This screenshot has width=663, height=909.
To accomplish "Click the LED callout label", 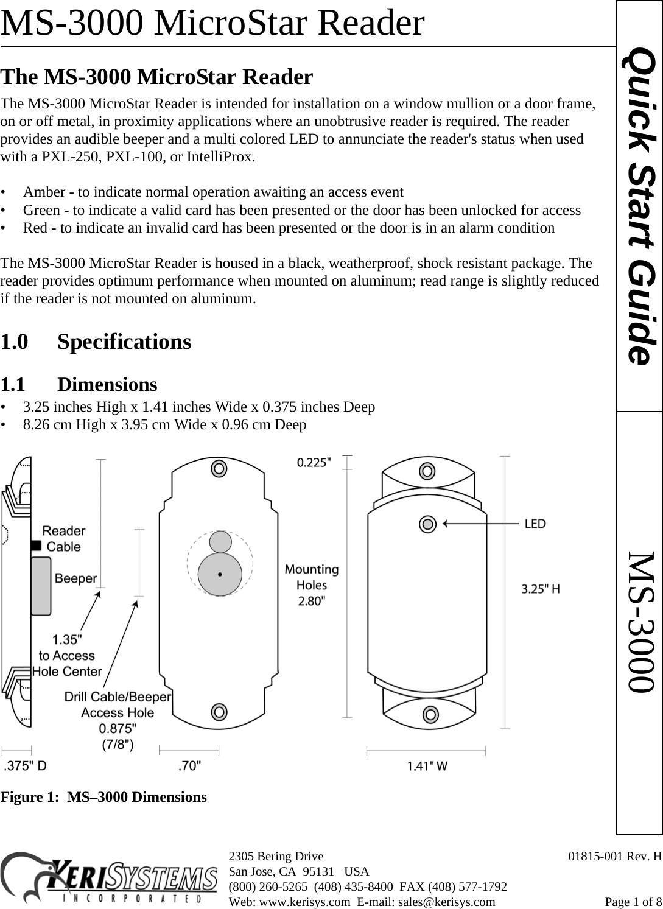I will click(535, 524).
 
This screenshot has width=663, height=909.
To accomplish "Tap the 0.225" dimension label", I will click(314, 462).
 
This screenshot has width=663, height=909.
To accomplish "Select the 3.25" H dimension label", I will click(541, 589).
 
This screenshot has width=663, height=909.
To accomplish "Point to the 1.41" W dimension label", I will click(427, 766).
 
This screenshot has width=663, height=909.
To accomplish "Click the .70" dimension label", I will click(189, 766).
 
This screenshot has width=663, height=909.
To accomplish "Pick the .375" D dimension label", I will click(25, 766).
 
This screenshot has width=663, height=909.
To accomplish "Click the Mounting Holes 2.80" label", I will click(312, 585).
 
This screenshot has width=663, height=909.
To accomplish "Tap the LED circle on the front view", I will click(429, 524).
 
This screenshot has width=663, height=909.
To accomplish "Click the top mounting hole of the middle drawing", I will click(219, 468).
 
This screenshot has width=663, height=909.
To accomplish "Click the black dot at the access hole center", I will click(220, 574).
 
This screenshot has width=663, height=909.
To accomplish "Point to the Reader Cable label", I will click(63, 539).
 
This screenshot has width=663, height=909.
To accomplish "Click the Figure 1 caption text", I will click(103, 797).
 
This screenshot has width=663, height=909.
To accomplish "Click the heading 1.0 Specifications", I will click(96, 342).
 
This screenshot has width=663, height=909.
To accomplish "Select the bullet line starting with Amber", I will click(212, 192).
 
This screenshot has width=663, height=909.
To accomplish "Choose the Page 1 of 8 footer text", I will click(633, 902).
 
